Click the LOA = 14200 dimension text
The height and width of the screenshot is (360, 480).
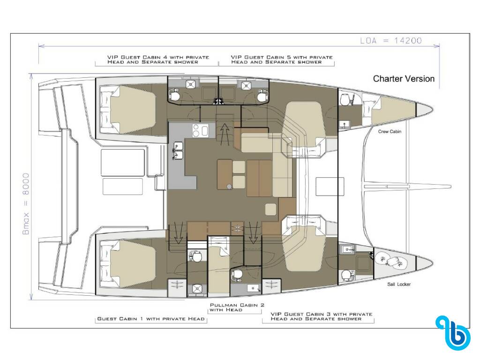[x=391, y=40]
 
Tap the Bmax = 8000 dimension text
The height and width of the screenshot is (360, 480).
[x=26, y=204]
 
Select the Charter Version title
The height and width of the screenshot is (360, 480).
[x=404, y=79]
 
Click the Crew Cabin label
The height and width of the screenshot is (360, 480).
[x=390, y=132]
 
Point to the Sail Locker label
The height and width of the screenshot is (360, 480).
[x=399, y=285]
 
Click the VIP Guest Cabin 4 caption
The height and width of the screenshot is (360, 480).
[x=158, y=60]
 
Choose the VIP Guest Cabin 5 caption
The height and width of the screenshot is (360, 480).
[x=282, y=60]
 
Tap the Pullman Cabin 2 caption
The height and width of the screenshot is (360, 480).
[x=237, y=307]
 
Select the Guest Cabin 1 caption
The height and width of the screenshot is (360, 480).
[x=150, y=319]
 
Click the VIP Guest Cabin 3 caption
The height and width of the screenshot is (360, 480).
[x=322, y=316]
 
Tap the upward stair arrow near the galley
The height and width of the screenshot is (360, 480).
[x=225, y=134]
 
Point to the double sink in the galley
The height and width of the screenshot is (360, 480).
[x=178, y=150]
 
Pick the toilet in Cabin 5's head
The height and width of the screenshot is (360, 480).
[x=262, y=96]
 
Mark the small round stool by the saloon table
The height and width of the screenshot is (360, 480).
[x=229, y=186]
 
